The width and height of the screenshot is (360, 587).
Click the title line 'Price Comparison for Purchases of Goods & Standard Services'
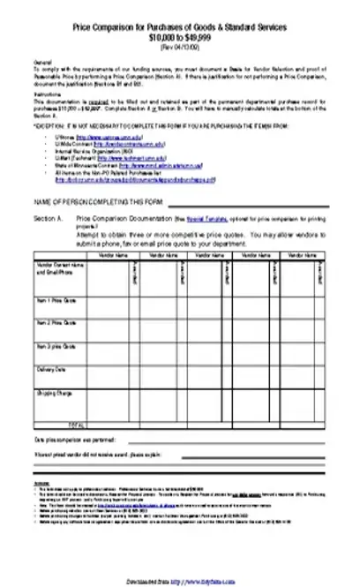click(180, 29)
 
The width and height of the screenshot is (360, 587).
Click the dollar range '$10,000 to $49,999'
click(180, 38)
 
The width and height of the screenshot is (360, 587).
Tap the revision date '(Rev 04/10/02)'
click(180, 46)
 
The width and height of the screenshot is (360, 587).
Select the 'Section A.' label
click(48, 216)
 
